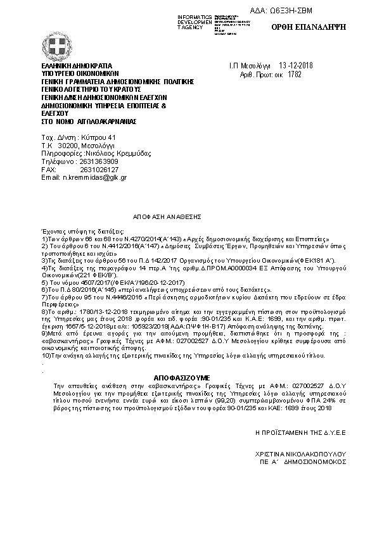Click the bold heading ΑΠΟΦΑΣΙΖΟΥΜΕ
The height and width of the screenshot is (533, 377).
pyautogui.click(x=184, y=375)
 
